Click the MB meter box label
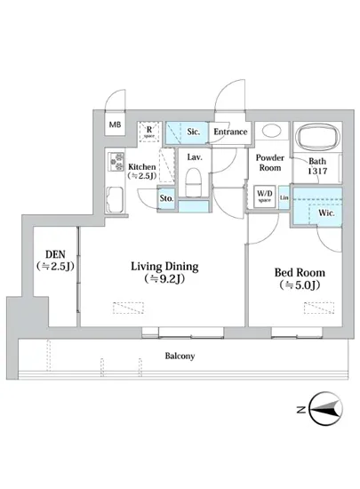pos(115,124)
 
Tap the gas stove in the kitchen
pos(116,161)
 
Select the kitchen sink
pos(116,199)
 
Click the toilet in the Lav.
pos(193,182)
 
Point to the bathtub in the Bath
pos(317,137)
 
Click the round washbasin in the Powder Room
pos(271,131)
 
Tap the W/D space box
pos(264,196)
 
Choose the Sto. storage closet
pos(166,198)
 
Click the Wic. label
pos(326,213)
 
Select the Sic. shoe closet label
pos(193,132)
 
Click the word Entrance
pos(230,132)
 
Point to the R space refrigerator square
pos(149,132)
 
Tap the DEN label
pos(55,254)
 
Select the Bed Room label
pos(300,273)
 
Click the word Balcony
pos(180,356)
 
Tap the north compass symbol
pos(325,409)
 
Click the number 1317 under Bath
pos(317,171)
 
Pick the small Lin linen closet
pos(284,197)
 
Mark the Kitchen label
pos(142,166)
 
